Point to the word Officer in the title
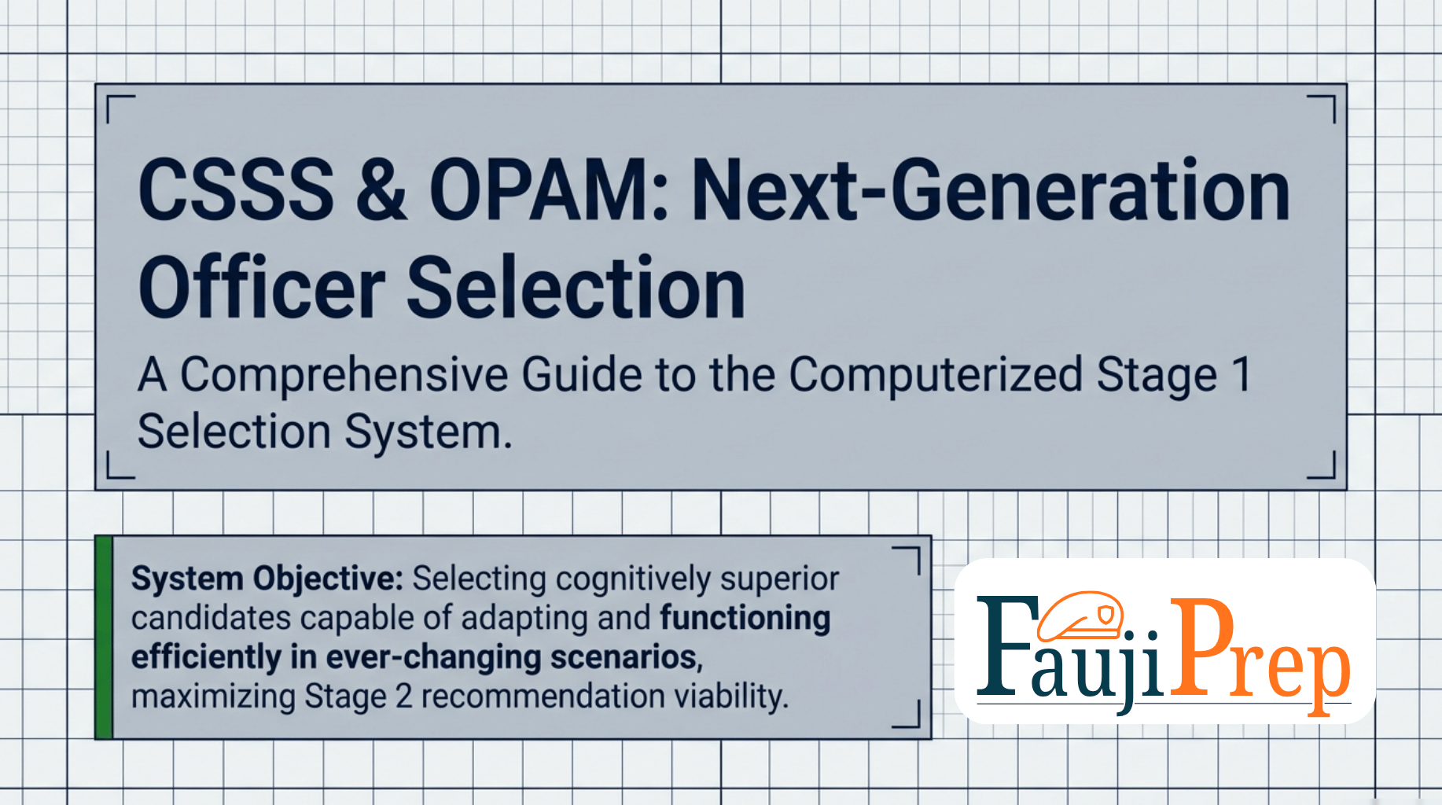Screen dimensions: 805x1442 [x=262, y=288]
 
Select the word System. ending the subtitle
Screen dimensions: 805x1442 [x=429, y=432]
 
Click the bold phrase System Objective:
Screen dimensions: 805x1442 [x=267, y=579]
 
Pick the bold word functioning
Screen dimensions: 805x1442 [x=745, y=618]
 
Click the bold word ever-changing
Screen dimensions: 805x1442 [x=433, y=657]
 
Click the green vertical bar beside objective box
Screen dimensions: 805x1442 [x=103, y=638]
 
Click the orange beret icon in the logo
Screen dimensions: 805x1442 [x=1080, y=616]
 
